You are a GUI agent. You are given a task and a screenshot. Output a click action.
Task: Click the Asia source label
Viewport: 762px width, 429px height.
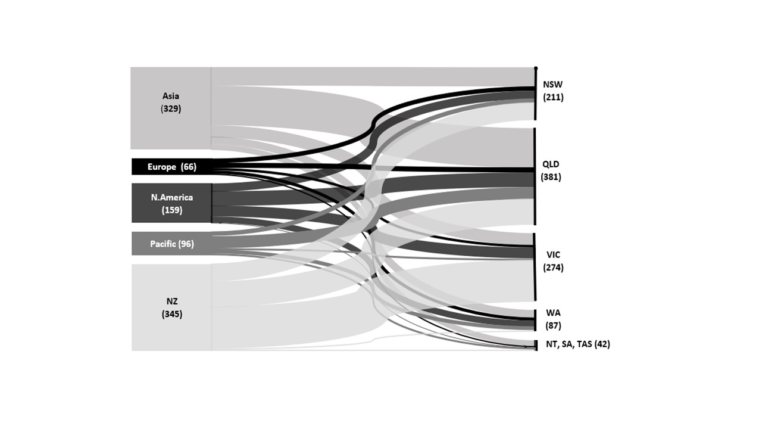tap(171, 96)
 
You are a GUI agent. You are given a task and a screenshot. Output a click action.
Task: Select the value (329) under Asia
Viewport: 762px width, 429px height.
tap(171, 108)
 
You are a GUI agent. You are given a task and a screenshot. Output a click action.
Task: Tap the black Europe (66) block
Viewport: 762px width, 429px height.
tap(172, 166)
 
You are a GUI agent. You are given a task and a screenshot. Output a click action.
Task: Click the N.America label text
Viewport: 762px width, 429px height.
tap(172, 197)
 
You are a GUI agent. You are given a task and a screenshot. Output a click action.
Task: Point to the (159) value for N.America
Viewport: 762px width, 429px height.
tap(172, 210)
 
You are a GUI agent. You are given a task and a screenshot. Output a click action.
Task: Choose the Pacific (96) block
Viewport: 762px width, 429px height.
tap(172, 244)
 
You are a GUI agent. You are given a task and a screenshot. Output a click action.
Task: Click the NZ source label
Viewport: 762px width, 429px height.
tap(172, 301)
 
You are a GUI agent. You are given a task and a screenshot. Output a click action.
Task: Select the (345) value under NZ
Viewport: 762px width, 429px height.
tap(172, 314)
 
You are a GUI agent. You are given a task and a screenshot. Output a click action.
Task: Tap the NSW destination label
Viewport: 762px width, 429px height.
tap(553, 85)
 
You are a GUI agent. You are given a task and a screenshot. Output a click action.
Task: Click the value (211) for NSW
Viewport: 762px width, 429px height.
tap(553, 97)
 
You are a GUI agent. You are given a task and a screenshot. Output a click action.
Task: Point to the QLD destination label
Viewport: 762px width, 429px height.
tap(551, 164)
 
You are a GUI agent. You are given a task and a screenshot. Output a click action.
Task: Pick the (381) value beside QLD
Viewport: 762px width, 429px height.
tap(551, 177)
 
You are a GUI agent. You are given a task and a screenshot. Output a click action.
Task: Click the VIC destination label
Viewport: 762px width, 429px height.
tap(553, 254)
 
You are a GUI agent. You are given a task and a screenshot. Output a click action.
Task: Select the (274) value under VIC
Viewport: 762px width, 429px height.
tap(553, 268)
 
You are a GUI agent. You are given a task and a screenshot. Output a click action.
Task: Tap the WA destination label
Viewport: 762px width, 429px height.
tap(553, 313)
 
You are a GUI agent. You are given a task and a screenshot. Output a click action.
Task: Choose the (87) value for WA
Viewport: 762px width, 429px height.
tap(553, 326)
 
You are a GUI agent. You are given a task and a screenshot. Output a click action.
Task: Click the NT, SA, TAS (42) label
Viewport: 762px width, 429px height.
tap(578, 344)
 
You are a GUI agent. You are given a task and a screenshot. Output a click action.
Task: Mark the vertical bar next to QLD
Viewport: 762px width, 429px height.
tap(535, 176)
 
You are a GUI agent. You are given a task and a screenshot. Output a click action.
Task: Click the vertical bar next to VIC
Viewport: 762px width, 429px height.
tap(535, 267)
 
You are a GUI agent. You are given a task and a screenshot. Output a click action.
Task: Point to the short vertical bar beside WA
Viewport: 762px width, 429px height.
tap(535, 320)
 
